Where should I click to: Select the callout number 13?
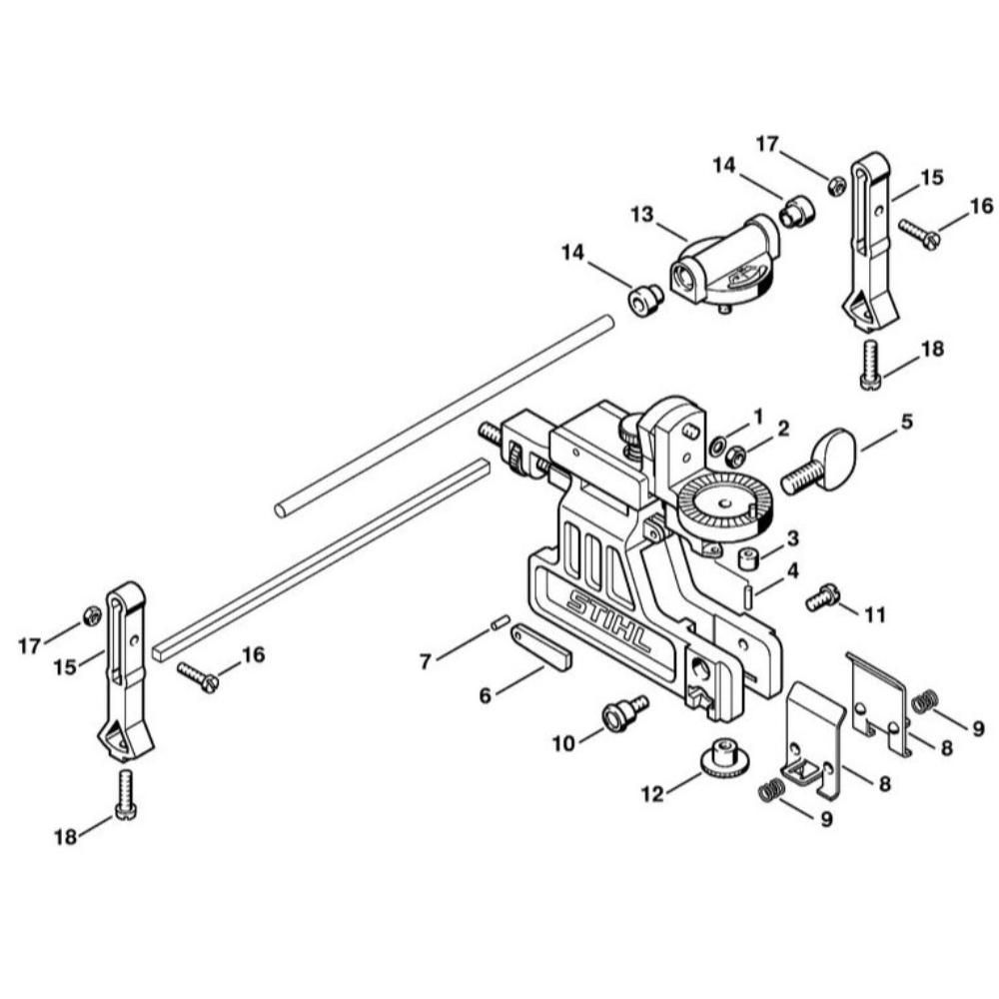[x=642, y=216]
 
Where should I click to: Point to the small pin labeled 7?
[x=500, y=620]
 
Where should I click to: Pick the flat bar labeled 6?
[x=540, y=647]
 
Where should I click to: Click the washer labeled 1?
[x=716, y=443]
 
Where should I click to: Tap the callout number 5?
[x=906, y=422]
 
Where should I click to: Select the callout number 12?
[x=652, y=794]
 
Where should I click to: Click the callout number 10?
[x=563, y=743]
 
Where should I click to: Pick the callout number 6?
[x=486, y=695]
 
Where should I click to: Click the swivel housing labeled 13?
[x=723, y=262]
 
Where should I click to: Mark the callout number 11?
[x=875, y=614]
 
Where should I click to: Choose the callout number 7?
[x=426, y=661]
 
